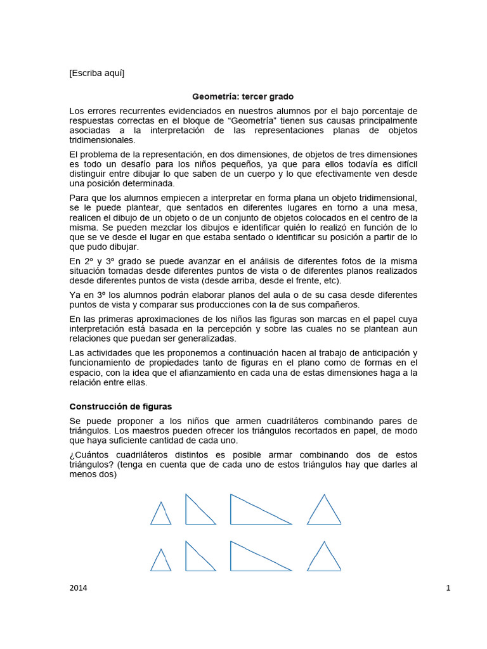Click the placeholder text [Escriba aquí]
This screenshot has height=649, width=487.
click(x=97, y=73)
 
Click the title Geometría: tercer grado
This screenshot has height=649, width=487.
click(x=243, y=97)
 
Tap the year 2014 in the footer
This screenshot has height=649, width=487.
click(x=78, y=588)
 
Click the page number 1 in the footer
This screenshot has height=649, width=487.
click(x=448, y=588)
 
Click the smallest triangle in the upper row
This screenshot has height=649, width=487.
click(x=160, y=515)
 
